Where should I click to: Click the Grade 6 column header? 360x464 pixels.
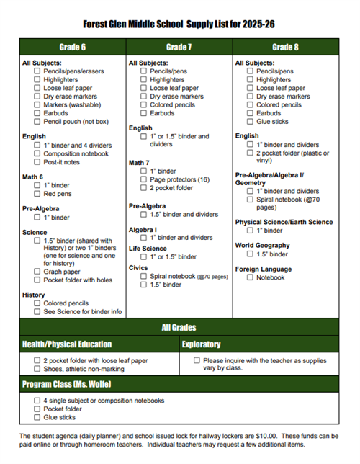pyautogui.click(x=73, y=48)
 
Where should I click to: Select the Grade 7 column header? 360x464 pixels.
pyautogui.click(x=179, y=48)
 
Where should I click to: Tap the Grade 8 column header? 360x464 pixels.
pyautogui.click(x=285, y=48)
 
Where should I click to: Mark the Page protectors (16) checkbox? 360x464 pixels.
pyautogui.click(x=144, y=179)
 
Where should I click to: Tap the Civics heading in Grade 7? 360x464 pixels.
pyautogui.click(x=138, y=267)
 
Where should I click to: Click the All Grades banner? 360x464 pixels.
pyautogui.click(x=179, y=327)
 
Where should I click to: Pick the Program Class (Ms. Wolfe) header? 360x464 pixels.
pyautogui.click(x=66, y=384)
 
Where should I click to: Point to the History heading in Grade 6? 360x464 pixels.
pyautogui.click(x=34, y=295)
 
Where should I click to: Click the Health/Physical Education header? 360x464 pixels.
pyautogui.click(x=67, y=344)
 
